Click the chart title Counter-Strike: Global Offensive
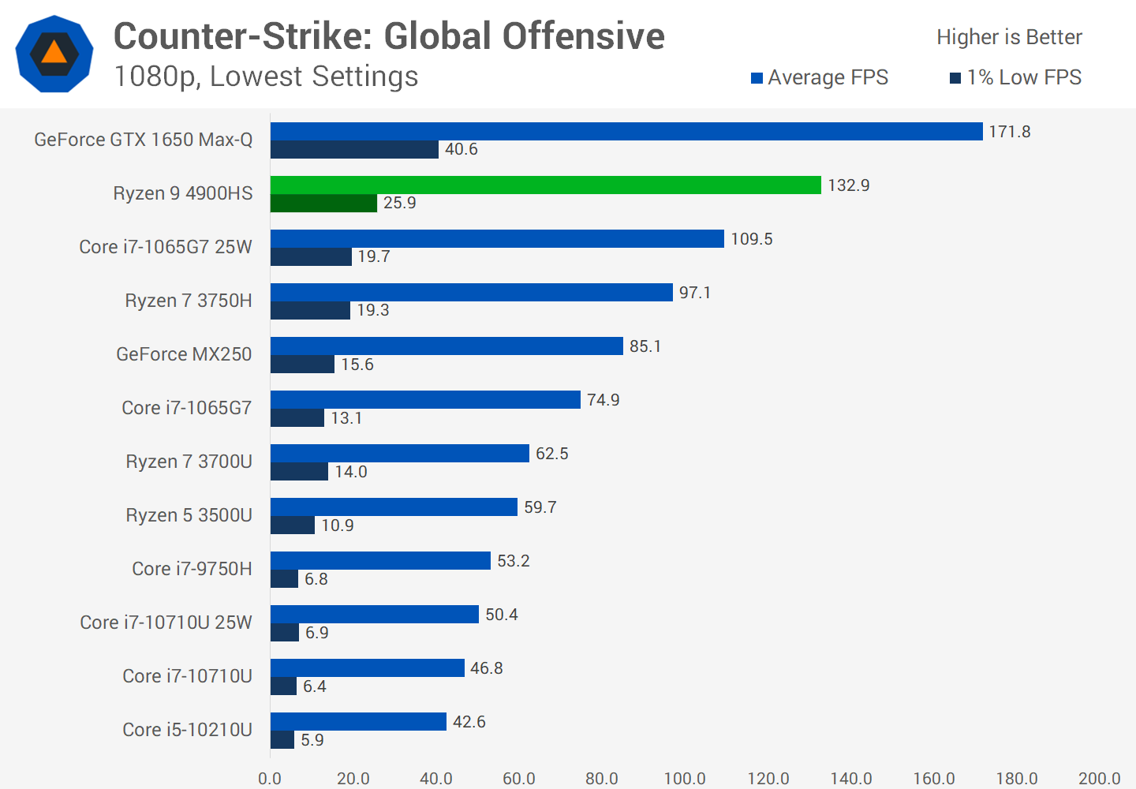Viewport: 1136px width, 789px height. (389, 36)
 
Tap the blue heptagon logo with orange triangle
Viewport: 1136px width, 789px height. (54, 54)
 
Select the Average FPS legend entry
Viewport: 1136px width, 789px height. (820, 77)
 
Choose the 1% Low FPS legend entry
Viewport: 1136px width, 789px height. (1015, 77)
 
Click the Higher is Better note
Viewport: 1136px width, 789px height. (1009, 37)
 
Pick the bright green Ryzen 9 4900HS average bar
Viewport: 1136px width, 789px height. (545, 185)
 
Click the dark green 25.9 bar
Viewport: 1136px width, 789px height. (323, 204)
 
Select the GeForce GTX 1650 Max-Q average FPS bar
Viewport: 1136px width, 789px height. (626, 132)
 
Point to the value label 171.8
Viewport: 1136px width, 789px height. (1010, 132)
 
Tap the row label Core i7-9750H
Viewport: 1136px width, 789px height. (192, 569)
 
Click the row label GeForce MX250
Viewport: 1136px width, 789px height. (184, 354)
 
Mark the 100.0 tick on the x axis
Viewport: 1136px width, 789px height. (685, 779)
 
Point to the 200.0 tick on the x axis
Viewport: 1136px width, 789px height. (1099, 779)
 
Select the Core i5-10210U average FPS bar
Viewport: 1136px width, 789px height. (358, 722)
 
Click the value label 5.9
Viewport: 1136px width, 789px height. (312, 740)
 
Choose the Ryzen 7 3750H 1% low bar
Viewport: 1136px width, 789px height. (310, 311)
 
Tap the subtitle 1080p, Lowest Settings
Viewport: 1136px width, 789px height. (266, 77)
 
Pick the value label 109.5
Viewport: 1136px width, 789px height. (752, 239)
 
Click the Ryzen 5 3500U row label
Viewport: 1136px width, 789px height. (189, 515)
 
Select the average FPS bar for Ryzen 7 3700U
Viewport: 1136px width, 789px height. (399, 454)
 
